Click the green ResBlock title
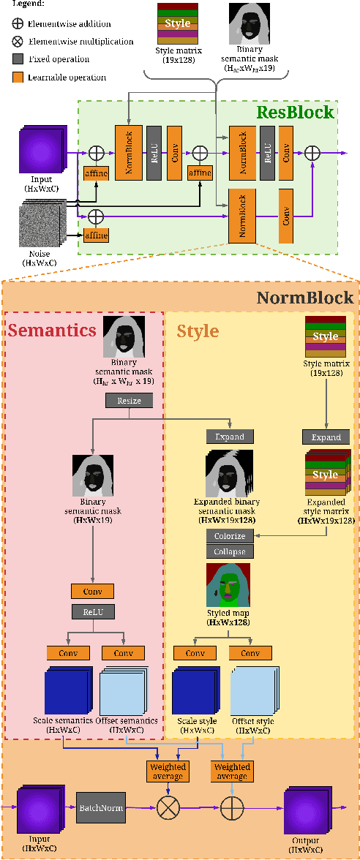[x=294, y=113]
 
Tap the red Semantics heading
[x=52, y=330]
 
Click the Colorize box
[x=229, y=536]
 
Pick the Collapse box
[x=229, y=551]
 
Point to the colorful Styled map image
[x=229, y=585]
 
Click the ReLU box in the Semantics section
[x=92, y=611]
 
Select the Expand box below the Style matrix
[x=326, y=437]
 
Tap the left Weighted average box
[x=168, y=771]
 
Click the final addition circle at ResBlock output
[x=312, y=152]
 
